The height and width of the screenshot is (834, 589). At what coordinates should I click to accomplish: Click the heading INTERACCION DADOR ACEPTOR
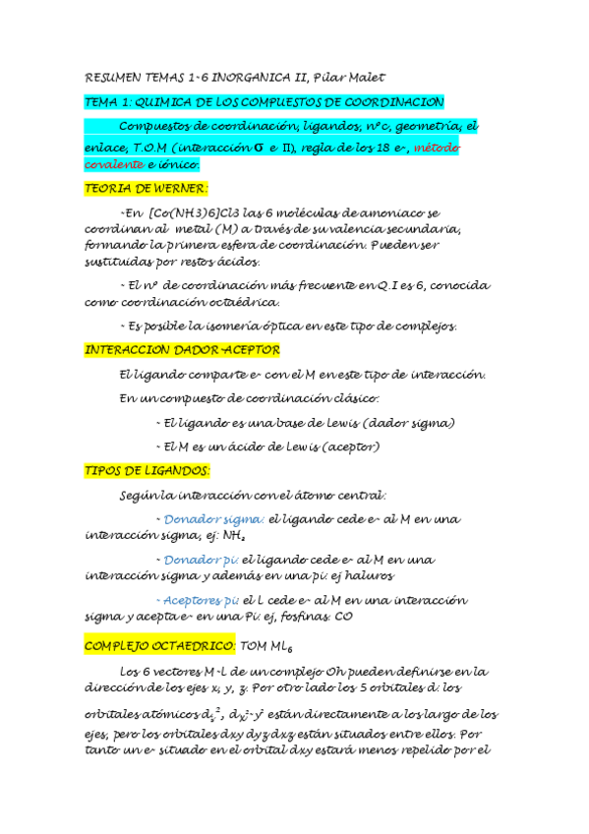point(183,350)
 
